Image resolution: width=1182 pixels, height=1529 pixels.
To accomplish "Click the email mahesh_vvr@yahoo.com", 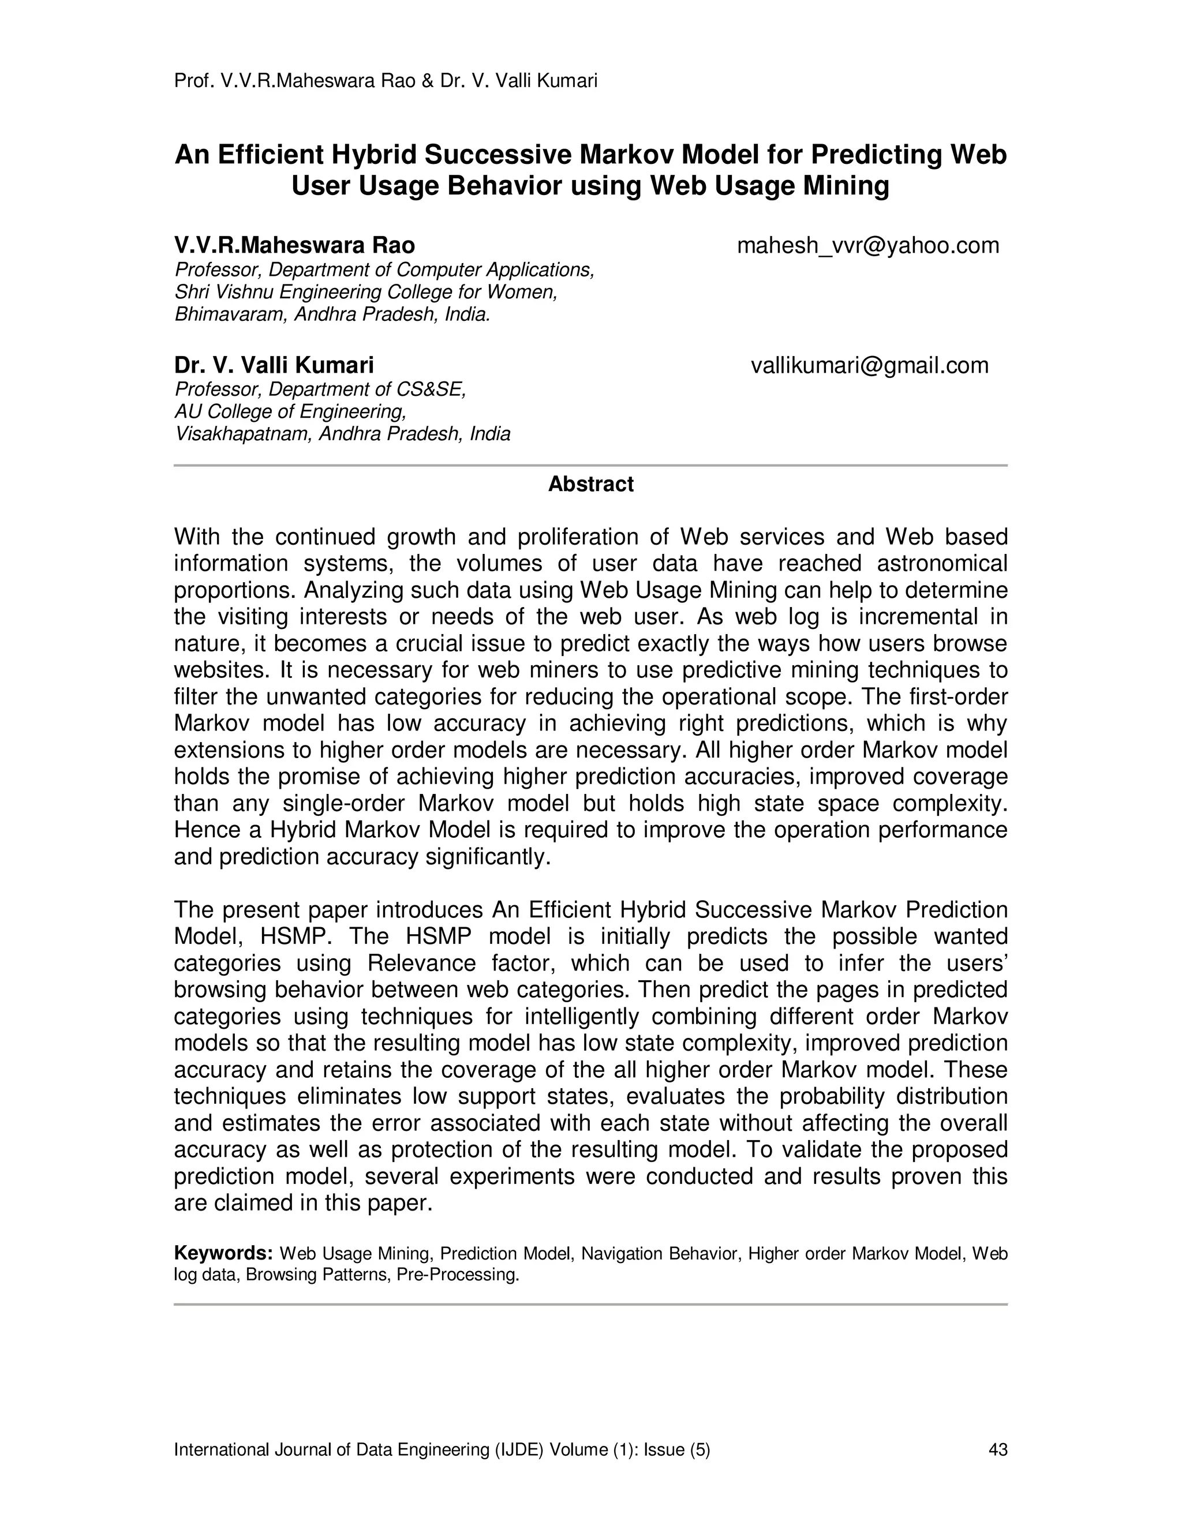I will pyautogui.click(x=867, y=246).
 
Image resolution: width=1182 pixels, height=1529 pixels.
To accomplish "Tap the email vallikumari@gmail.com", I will pyautogui.click(x=870, y=365).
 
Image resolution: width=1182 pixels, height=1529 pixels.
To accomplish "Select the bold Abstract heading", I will pyautogui.click(x=590, y=485).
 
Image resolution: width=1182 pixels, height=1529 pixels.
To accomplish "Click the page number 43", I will pyautogui.click(x=997, y=1449).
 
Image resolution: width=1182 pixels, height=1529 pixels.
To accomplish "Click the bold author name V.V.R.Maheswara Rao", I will pyautogui.click(x=294, y=246).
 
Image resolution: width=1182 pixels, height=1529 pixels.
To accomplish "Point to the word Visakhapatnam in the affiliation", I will pyautogui.click(x=244, y=434).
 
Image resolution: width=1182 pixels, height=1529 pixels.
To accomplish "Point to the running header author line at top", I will pyautogui.click(x=385, y=81).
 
